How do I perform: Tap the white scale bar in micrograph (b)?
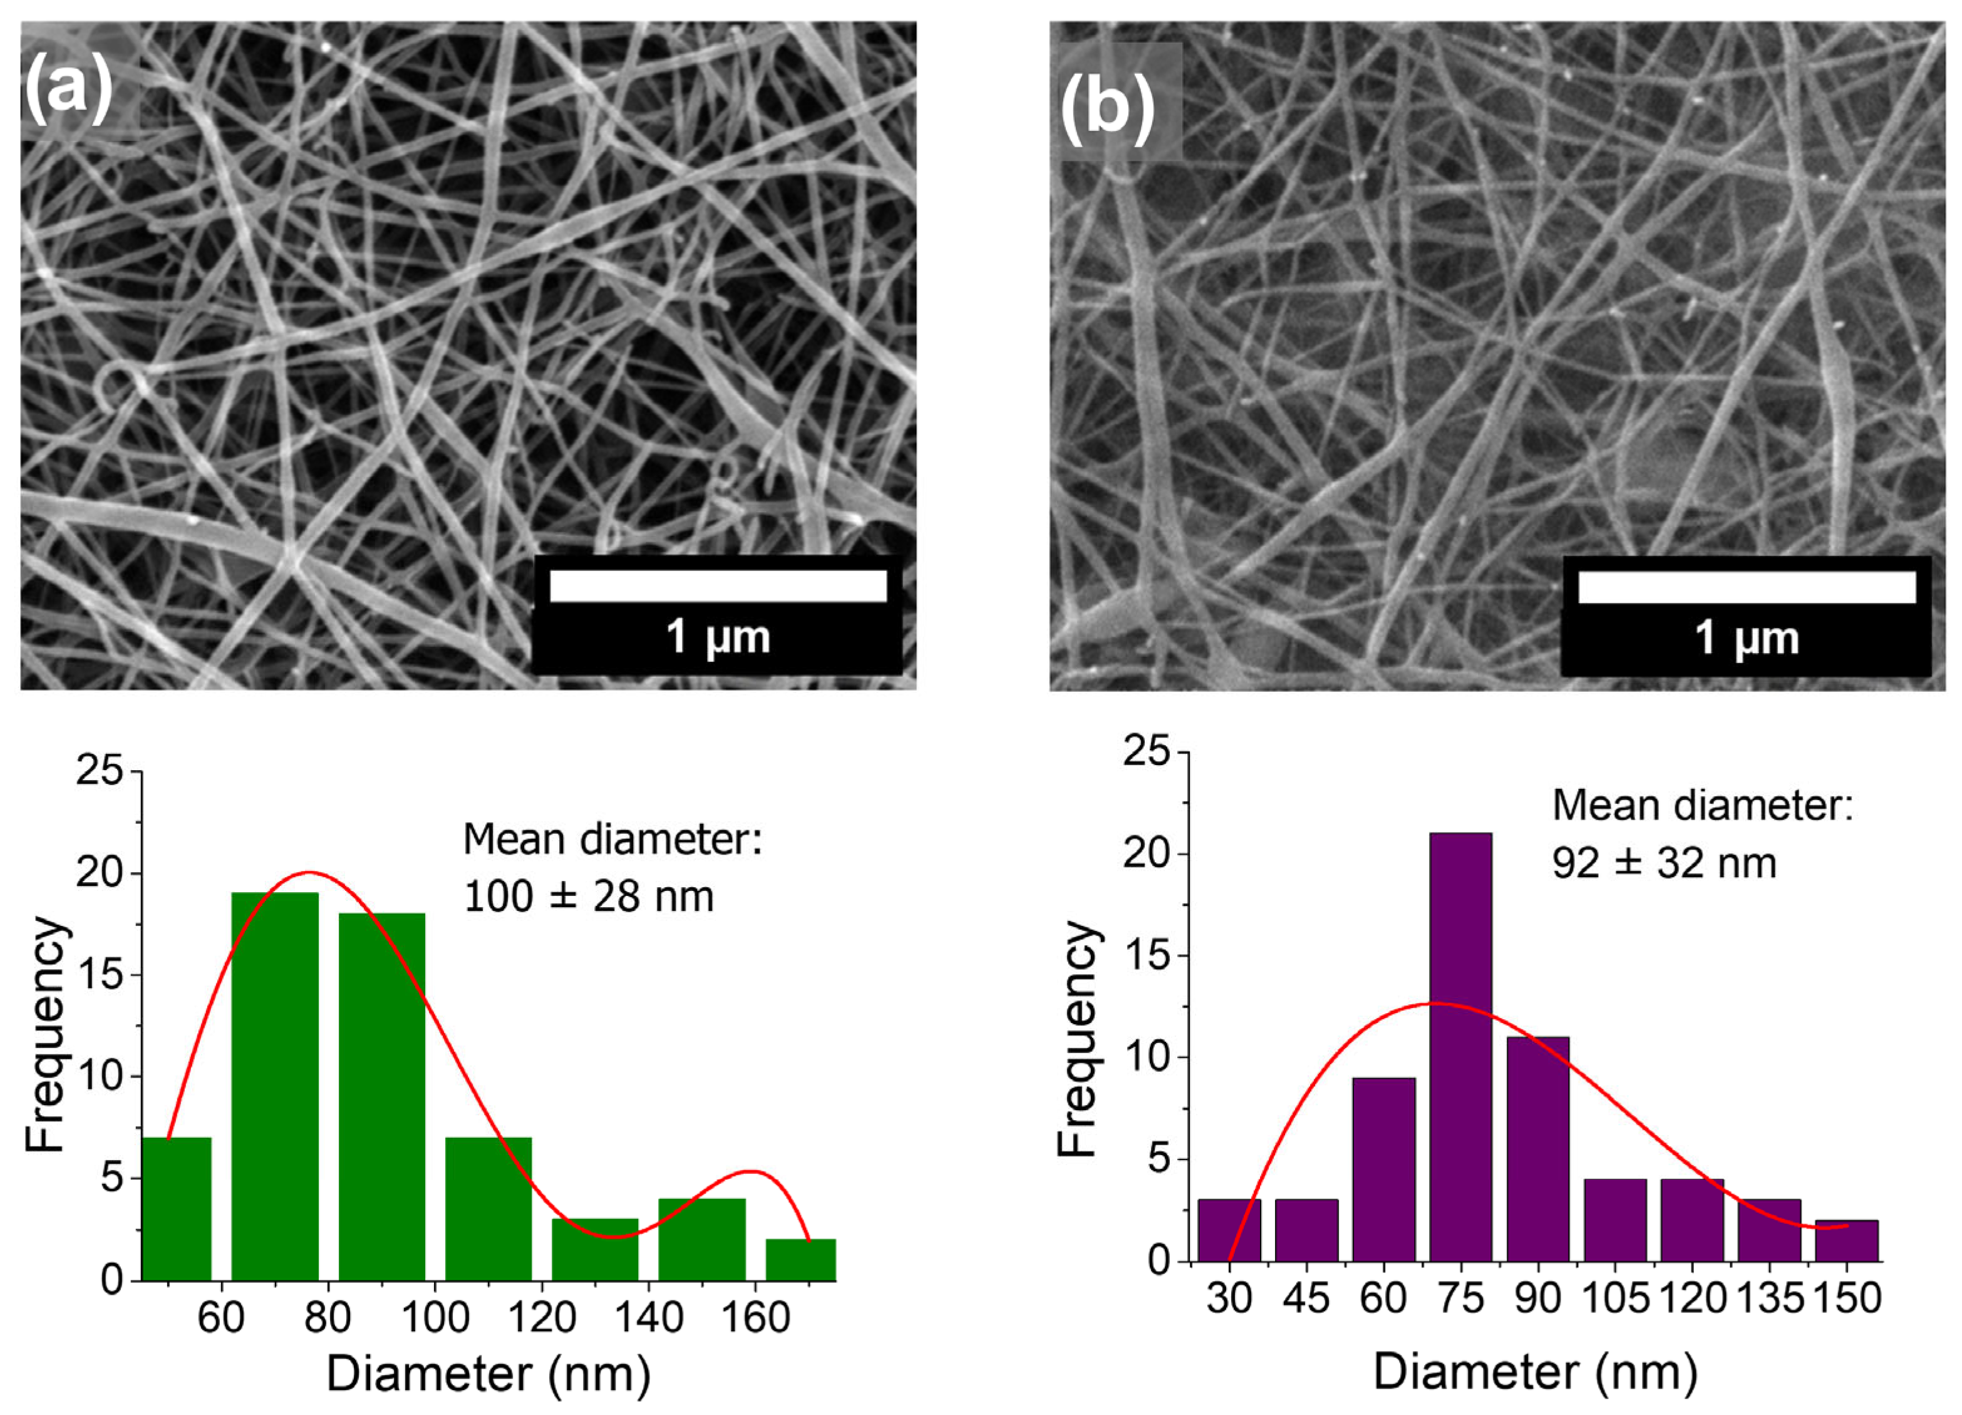(x=1747, y=587)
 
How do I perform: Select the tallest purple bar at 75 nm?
(x=1460, y=1047)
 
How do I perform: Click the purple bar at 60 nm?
(x=1383, y=1170)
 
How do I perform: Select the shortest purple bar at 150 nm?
(x=1846, y=1240)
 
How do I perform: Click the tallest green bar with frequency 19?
(x=275, y=1086)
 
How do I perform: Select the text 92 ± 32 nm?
(x=1663, y=863)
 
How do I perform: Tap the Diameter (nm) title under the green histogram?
(x=488, y=1374)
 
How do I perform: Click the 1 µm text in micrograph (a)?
(x=718, y=637)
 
